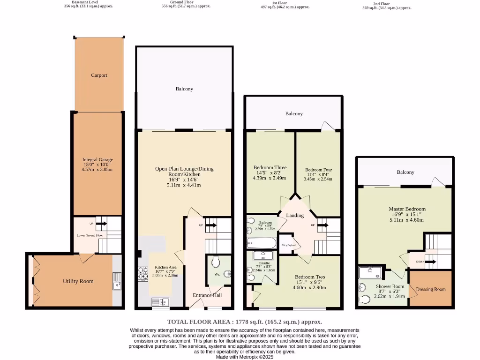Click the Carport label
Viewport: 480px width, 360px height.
99,75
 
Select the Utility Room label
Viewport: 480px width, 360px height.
78,281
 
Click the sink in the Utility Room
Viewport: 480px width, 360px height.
117,280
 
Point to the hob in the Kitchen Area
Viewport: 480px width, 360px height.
142,273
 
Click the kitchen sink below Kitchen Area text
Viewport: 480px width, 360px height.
160,301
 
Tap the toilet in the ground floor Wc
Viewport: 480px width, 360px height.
216,261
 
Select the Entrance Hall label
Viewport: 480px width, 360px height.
207,295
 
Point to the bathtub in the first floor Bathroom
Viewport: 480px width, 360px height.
262,243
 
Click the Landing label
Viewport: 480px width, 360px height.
295,216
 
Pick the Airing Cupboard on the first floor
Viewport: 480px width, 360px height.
288,245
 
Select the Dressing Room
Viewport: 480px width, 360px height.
430,289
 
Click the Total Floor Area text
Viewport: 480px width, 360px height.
245,322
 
